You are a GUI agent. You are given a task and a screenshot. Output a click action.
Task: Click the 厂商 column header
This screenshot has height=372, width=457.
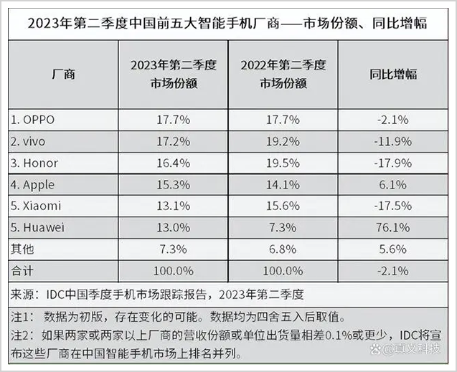(64, 75)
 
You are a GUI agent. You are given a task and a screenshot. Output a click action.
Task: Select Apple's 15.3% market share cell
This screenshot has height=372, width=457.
(173, 184)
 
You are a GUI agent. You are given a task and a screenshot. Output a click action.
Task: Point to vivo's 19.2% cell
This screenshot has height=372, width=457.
(284, 140)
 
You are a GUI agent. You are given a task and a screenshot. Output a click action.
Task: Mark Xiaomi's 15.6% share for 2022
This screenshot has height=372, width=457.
(284, 206)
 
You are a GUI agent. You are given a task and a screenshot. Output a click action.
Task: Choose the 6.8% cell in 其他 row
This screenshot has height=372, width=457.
(284, 249)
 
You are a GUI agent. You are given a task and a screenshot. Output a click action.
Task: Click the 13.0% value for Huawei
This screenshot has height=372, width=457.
(173, 228)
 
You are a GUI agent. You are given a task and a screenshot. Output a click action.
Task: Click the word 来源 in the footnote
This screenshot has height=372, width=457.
(23, 294)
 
